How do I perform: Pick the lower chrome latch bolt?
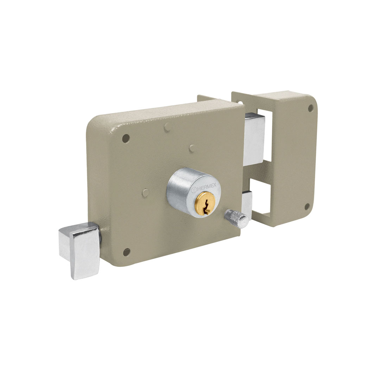pos(247,206)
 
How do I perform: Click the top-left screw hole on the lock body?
pos(126,138)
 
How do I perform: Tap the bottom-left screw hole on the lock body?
pos(126,252)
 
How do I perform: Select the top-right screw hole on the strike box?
pos(311,108)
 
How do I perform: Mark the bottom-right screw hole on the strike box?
pos(307,207)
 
